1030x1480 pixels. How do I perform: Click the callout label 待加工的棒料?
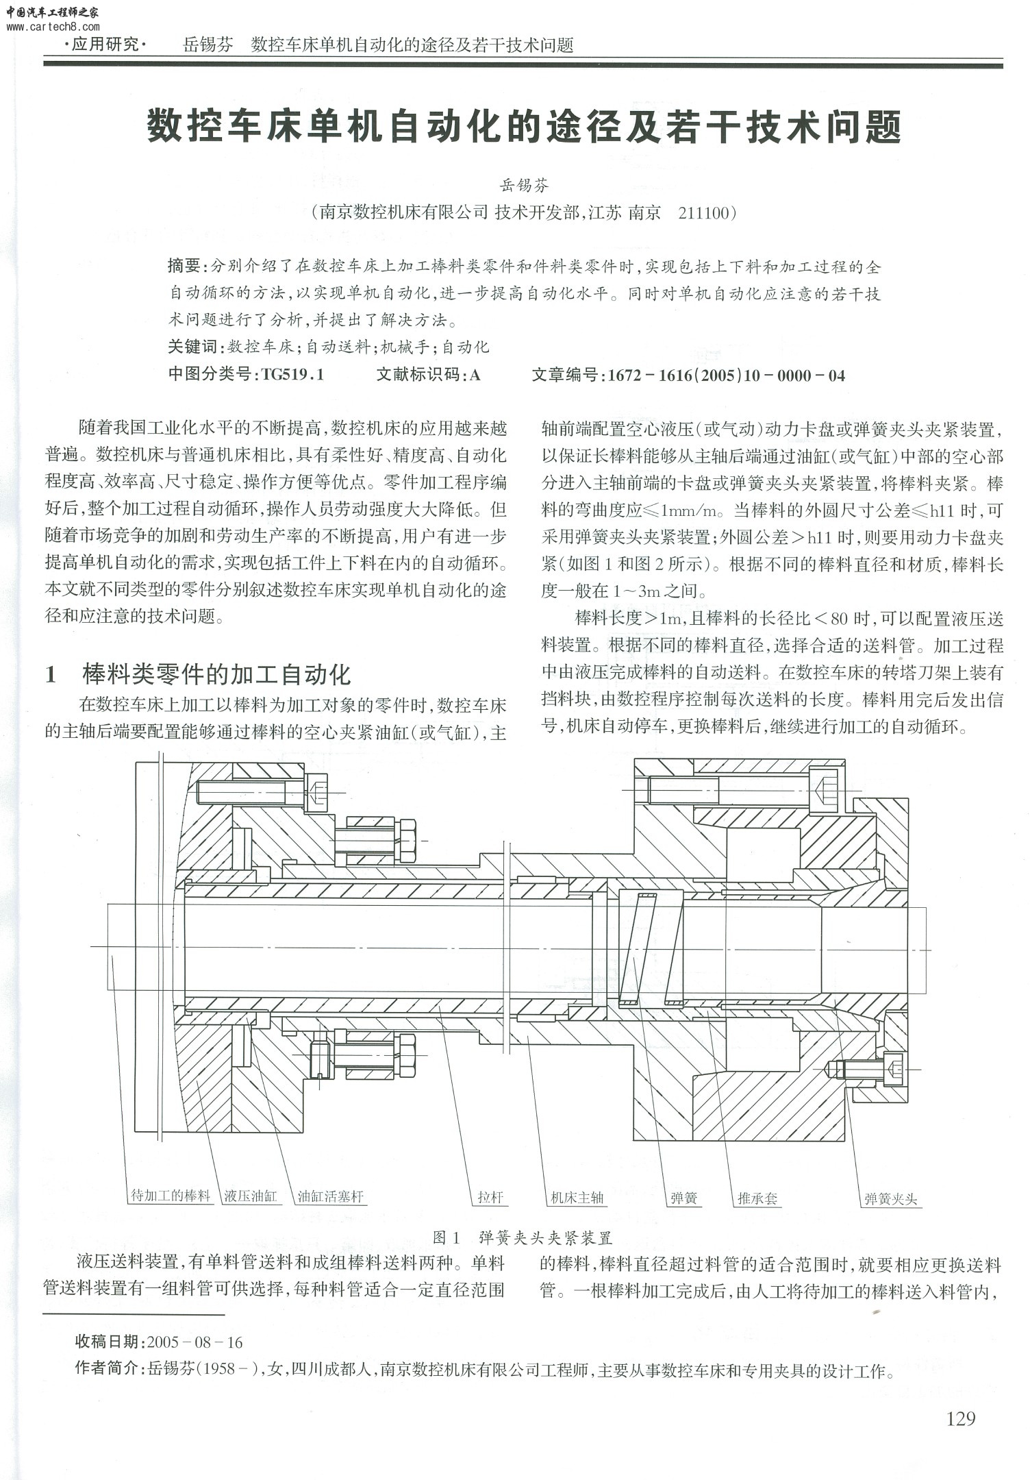(171, 1196)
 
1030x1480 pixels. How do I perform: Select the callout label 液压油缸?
(250, 1196)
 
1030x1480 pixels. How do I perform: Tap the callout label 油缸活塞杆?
(329, 1197)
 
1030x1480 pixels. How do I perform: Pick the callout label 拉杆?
(490, 1197)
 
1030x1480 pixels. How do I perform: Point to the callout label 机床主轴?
(577, 1197)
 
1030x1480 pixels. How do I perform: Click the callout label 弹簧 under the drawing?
(683, 1198)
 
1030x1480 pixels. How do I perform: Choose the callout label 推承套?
(757, 1198)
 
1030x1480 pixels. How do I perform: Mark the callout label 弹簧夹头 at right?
(890, 1198)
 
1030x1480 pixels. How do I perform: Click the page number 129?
(960, 1418)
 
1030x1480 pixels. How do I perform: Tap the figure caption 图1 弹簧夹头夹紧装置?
(523, 1237)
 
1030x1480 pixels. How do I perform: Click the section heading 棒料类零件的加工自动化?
(216, 674)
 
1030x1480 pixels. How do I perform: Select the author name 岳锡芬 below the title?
(525, 185)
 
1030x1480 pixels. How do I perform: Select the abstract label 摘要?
(184, 266)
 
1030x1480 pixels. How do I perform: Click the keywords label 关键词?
(192, 347)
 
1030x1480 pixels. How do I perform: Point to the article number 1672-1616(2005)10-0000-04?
(726, 375)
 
